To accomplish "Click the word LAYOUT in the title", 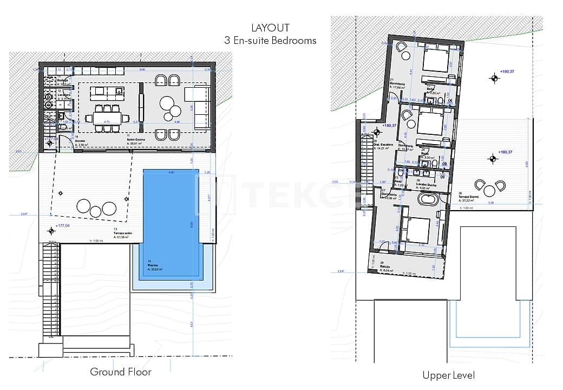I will click(270, 28).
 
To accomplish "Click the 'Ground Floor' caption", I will click(121, 372).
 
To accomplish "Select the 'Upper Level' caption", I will click(448, 375).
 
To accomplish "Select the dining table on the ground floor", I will click(107, 118).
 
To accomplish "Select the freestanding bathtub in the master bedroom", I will click(428, 201).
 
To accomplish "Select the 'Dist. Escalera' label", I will click(383, 145).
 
